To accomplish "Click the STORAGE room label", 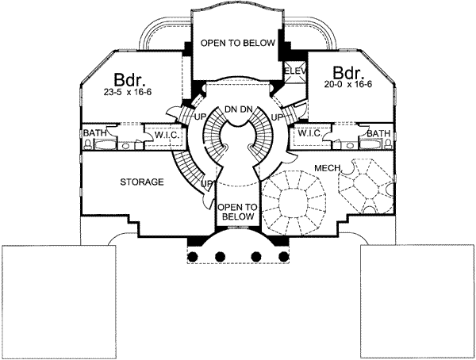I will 142,182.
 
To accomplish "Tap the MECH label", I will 328,168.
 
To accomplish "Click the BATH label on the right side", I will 378,133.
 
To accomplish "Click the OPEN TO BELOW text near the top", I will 237,43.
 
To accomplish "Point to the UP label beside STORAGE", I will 207,185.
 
